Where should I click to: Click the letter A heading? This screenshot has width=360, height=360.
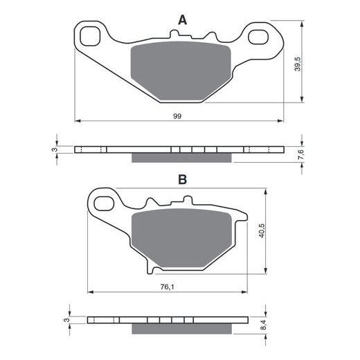click(182, 20)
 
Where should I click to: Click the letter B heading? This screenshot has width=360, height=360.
click(183, 179)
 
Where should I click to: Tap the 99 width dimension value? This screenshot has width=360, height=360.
click(177, 116)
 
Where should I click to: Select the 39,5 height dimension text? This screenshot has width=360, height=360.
click(298, 64)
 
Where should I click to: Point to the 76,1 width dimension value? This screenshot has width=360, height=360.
click(168, 287)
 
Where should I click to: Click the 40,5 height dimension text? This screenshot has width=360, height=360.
click(262, 231)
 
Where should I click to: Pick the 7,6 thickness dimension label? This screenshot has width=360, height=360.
click(301, 154)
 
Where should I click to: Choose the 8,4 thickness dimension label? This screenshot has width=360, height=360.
click(264, 324)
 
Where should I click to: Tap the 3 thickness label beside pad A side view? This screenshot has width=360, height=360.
click(55, 150)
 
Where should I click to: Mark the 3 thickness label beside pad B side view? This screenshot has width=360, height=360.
click(66, 320)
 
